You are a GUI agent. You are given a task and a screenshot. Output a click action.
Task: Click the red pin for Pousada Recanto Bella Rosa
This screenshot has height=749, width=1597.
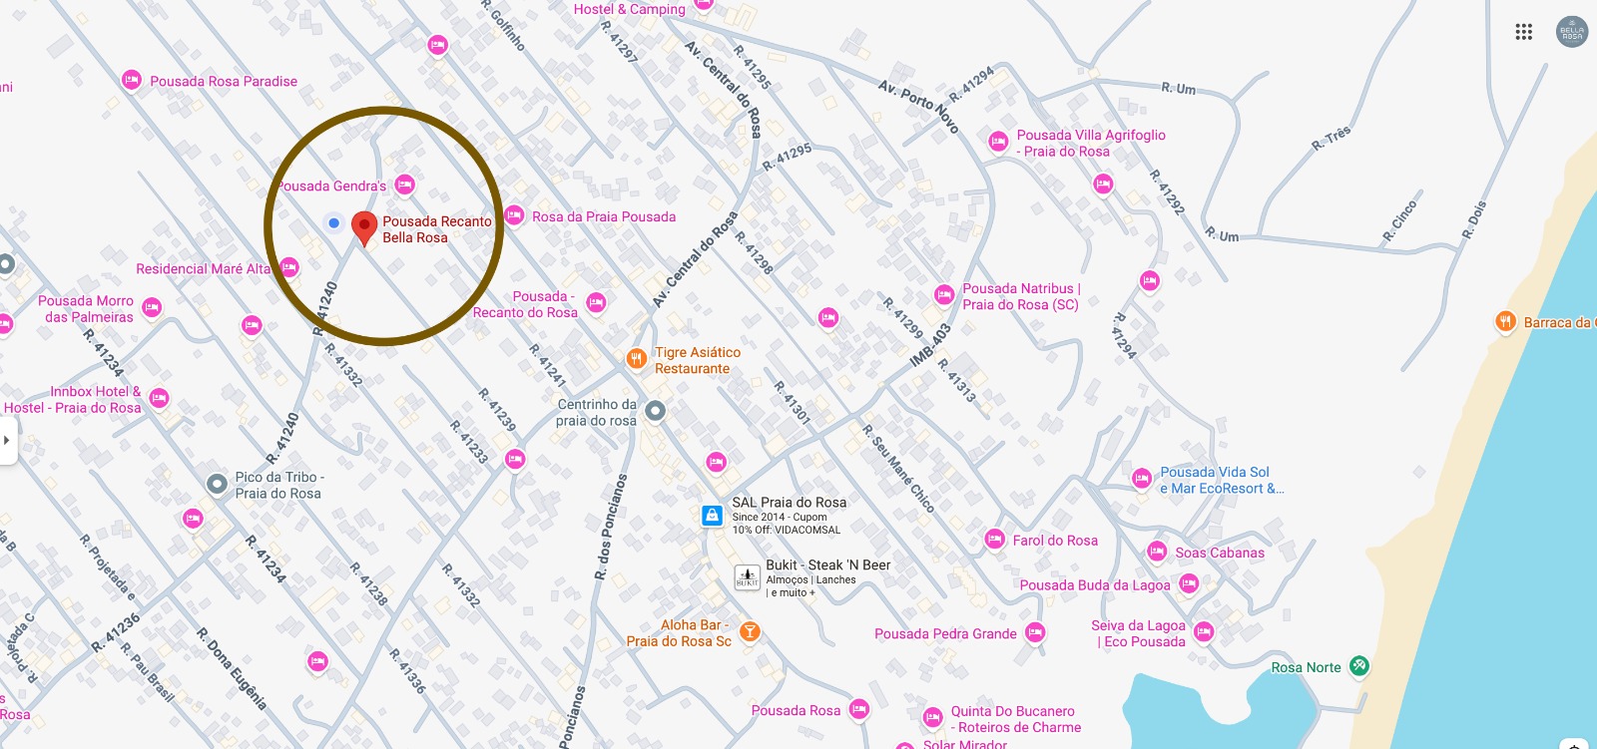point(364,225)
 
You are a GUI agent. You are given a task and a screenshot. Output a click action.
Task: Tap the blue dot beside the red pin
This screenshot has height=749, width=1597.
point(334,222)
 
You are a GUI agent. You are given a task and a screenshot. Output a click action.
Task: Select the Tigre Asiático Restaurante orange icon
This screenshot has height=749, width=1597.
point(637,359)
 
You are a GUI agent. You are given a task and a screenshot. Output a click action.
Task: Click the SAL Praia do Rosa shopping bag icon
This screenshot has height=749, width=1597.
point(712,515)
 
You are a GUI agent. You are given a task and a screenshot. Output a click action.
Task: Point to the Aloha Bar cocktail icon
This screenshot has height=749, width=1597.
point(750,631)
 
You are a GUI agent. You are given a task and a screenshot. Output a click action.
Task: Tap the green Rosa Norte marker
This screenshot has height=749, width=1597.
point(1358,665)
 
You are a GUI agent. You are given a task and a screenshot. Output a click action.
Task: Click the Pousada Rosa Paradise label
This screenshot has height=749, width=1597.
point(224,82)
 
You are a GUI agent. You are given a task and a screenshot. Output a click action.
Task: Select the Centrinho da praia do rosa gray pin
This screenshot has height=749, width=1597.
point(655,410)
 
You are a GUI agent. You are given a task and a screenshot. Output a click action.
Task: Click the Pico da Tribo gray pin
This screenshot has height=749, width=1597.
point(217,484)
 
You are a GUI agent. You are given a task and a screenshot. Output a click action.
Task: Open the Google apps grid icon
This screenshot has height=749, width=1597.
point(1523,32)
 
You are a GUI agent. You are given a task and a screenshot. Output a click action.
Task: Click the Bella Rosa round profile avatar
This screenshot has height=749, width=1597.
point(1572,32)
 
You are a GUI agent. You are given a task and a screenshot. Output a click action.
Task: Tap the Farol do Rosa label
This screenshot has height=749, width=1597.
point(1055,541)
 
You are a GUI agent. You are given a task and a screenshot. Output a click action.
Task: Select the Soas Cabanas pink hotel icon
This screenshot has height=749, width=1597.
point(1157,552)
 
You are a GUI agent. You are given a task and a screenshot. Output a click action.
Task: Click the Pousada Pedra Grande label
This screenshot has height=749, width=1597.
point(945,634)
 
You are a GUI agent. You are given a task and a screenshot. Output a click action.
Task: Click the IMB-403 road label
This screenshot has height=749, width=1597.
point(930,345)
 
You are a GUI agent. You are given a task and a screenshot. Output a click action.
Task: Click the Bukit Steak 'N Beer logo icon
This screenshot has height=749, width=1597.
point(748,577)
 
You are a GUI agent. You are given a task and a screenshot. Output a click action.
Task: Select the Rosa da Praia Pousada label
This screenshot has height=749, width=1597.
point(604,217)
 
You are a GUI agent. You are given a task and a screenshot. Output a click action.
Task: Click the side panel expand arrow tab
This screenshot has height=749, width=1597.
point(7,440)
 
